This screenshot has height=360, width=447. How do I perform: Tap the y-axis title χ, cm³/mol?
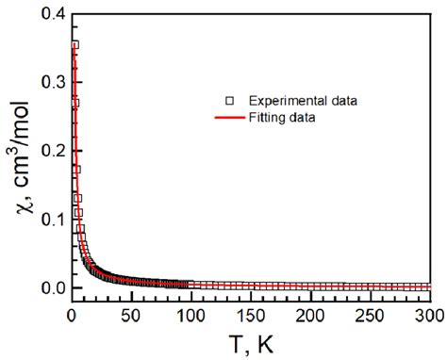pos(16,155)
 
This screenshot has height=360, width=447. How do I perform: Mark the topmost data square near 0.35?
pos(74,44)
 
